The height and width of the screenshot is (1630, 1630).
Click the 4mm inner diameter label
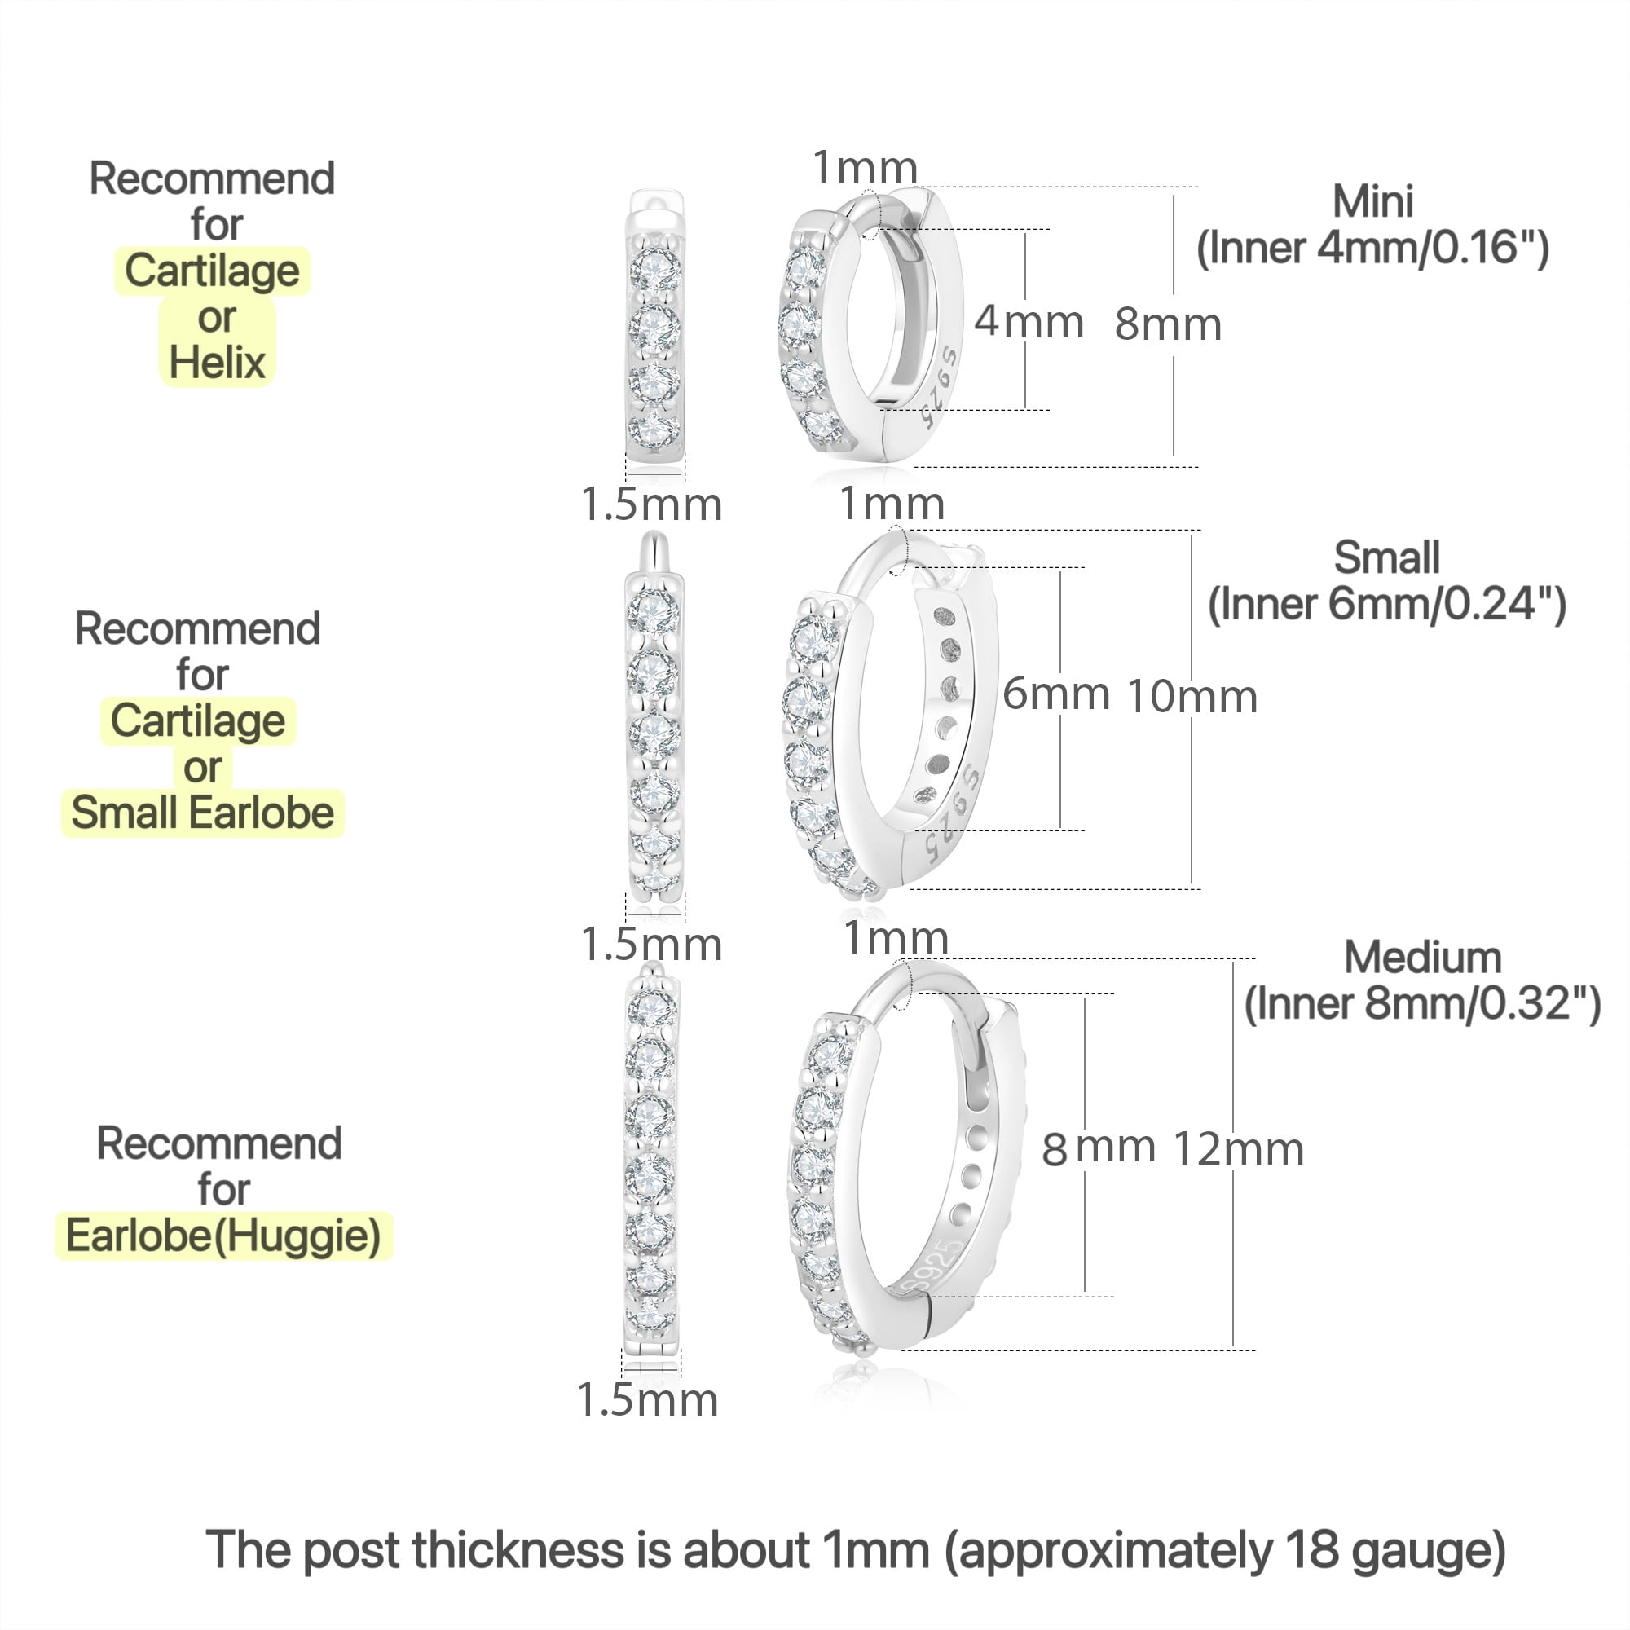pyautogui.click(x=1029, y=321)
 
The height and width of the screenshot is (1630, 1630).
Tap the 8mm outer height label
pyautogui.click(x=1169, y=324)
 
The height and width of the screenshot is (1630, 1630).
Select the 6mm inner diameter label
pyautogui.click(x=1056, y=694)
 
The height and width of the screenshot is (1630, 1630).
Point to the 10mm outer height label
pyautogui.click(x=1192, y=697)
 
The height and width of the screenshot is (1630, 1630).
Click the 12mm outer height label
pyautogui.click(x=1239, y=1149)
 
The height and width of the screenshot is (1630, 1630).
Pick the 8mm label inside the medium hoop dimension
pyautogui.click(x=1099, y=1148)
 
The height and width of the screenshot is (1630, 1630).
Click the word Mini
pyautogui.click(x=1372, y=201)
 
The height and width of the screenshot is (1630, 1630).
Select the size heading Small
pyautogui.click(x=1386, y=557)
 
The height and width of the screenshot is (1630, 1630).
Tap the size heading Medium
pyautogui.click(x=1422, y=958)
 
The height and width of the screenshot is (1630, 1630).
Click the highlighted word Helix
pyautogui.click(x=217, y=363)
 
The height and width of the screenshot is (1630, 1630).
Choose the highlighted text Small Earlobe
pyautogui.click(x=202, y=813)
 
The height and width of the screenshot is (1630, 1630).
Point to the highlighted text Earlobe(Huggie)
pyautogui.click(x=223, y=1237)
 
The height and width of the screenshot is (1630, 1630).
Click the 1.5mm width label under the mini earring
pyautogui.click(x=651, y=504)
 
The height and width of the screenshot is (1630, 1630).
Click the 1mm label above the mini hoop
pyautogui.click(x=865, y=167)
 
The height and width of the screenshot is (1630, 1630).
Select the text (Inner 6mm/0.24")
pyautogui.click(x=1387, y=604)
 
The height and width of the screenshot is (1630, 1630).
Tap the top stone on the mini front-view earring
pyautogui.click(x=654, y=267)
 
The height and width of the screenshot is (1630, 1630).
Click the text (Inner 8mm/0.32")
pyautogui.click(x=1422, y=1004)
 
